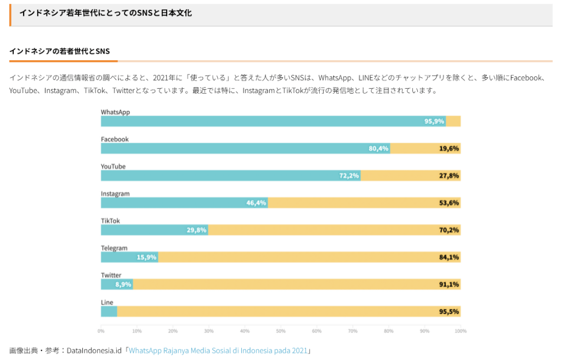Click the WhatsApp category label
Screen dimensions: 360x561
(115, 112)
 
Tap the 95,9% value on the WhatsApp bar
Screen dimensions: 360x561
(434, 121)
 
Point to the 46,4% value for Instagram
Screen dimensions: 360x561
(256, 203)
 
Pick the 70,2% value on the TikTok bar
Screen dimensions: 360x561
(449, 230)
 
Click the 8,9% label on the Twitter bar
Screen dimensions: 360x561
(123, 284)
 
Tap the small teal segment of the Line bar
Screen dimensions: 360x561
(109, 311)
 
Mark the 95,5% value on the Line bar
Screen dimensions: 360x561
(449, 311)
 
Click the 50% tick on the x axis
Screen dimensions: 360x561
(281, 331)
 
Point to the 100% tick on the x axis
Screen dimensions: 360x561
(460, 331)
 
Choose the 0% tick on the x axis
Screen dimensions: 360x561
(101, 331)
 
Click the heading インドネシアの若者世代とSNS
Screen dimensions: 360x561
(59, 51)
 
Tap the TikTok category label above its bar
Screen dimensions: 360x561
(110, 221)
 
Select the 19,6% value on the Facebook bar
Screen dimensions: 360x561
(449, 148)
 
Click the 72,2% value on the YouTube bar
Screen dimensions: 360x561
(349, 176)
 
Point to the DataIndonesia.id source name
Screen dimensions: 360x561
(95, 350)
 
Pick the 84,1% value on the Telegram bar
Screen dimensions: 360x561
(449, 257)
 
